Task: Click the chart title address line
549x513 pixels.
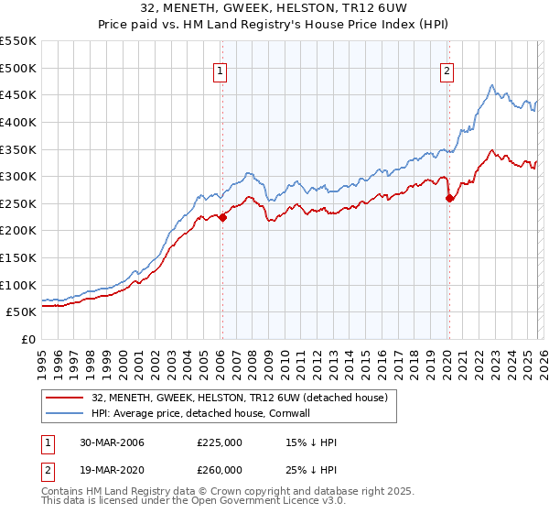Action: pyautogui.click(x=274, y=9)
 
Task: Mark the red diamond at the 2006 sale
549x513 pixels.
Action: pyautogui.click(x=222, y=217)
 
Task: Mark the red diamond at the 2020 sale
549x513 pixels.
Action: pyautogui.click(x=449, y=198)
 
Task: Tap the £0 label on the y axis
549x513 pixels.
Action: pyautogui.click(x=27, y=339)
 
